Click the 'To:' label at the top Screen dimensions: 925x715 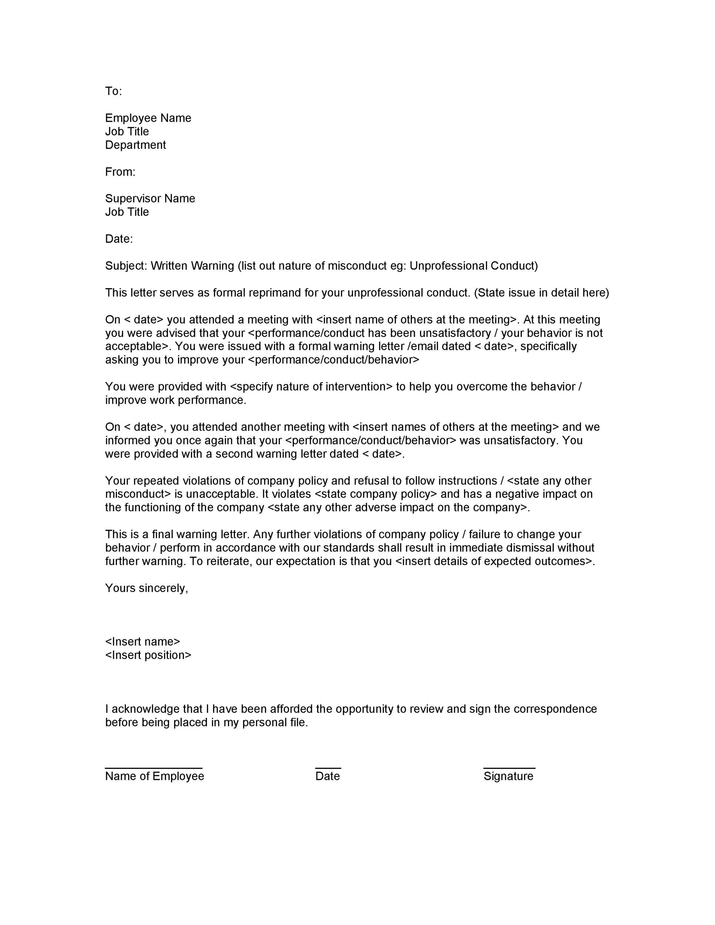point(114,91)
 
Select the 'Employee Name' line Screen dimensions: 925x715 point(148,118)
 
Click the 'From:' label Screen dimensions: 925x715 point(120,172)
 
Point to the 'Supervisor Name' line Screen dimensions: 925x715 point(150,198)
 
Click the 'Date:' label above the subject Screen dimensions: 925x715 point(118,239)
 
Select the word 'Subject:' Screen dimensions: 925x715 point(126,266)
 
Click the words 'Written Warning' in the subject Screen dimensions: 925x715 point(192,266)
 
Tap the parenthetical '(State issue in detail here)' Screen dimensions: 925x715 point(541,293)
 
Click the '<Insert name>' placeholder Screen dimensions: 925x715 point(142,642)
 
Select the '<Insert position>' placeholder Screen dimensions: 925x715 point(148,655)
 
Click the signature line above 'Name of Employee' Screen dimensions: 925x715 point(153,767)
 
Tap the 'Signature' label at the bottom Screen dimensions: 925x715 point(508,776)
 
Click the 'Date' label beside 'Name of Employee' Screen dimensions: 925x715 point(328,776)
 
